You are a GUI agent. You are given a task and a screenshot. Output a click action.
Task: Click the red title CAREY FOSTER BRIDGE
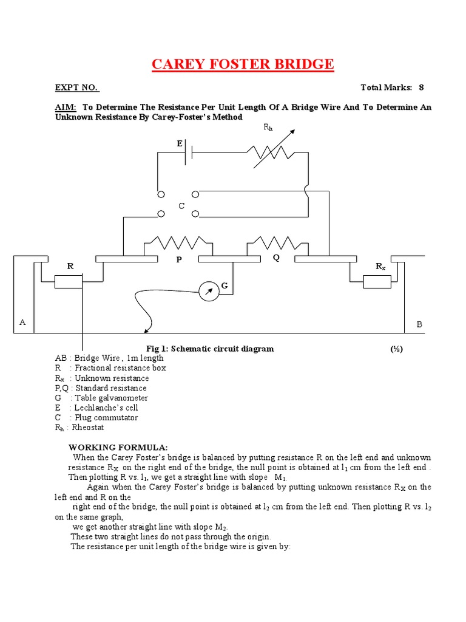click(x=242, y=64)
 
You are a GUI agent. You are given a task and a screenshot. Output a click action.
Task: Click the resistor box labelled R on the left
click(x=68, y=281)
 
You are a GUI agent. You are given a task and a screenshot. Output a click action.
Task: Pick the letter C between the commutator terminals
click(x=181, y=207)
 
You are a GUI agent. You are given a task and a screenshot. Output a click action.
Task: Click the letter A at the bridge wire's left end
click(x=22, y=322)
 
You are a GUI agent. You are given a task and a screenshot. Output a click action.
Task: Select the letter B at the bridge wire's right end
click(x=419, y=325)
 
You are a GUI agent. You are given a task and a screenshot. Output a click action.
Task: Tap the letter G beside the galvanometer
click(x=225, y=285)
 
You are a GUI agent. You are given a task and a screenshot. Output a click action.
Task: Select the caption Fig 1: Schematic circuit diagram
click(x=210, y=349)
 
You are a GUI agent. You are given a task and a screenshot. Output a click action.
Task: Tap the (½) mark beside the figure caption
click(x=397, y=349)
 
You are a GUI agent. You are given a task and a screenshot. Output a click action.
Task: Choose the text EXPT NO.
click(x=76, y=87)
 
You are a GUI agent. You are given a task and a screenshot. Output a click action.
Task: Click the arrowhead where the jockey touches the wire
click(x=146, y=332)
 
